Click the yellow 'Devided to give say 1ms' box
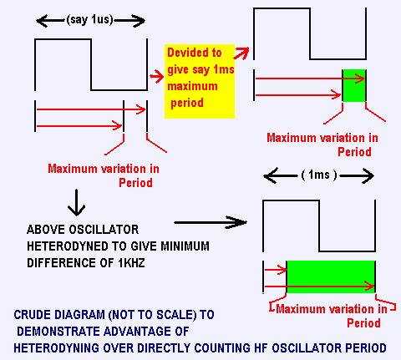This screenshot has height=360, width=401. coord(200,81)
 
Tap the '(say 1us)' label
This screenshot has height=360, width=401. coord(90,20)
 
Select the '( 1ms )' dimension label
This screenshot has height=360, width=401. coord(319,175)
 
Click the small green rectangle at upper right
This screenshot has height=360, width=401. coord(354,85)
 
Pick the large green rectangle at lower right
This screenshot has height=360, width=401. coord(331,276)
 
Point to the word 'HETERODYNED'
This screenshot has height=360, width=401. coord(67,246)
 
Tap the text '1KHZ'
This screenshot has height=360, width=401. coord(131,263)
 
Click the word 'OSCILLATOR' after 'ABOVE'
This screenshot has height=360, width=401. coord(104,230)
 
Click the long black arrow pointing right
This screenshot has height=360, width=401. coord(211,222)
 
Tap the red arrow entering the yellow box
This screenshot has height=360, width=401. coord(156,76)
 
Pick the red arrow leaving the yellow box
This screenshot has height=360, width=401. coord(241,53)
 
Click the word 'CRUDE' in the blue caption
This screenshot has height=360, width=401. coord(32,315)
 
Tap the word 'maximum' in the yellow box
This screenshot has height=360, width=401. coord(192,86)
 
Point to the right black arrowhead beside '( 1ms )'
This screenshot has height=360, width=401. coord(367,175)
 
